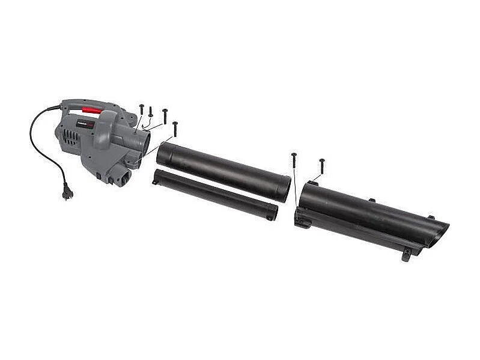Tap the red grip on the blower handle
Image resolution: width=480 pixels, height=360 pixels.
click(x=92, y=111)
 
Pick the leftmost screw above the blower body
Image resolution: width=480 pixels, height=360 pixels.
click(x=141, y=109)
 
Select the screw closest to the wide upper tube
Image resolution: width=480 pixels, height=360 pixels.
click(x=175, y=129)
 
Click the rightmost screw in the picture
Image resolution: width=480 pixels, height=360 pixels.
click(x=322, y=166)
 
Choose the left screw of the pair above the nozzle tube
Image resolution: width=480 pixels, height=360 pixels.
click(x=294, y=160)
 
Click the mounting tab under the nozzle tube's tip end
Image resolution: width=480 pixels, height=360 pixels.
click(x=407, y=255)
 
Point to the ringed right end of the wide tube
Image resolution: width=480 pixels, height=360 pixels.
click(x=284, y=188)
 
